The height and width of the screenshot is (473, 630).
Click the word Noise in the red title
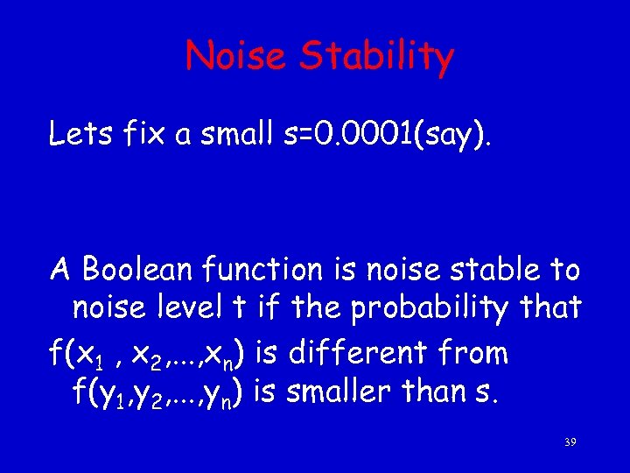click(235, 57)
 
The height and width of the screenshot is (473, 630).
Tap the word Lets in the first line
click(80, 134)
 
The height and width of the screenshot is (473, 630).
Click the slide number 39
click(570, 444)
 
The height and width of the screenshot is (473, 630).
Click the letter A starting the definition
click(60, 270)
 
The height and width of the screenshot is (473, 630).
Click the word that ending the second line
click(550, 308)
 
